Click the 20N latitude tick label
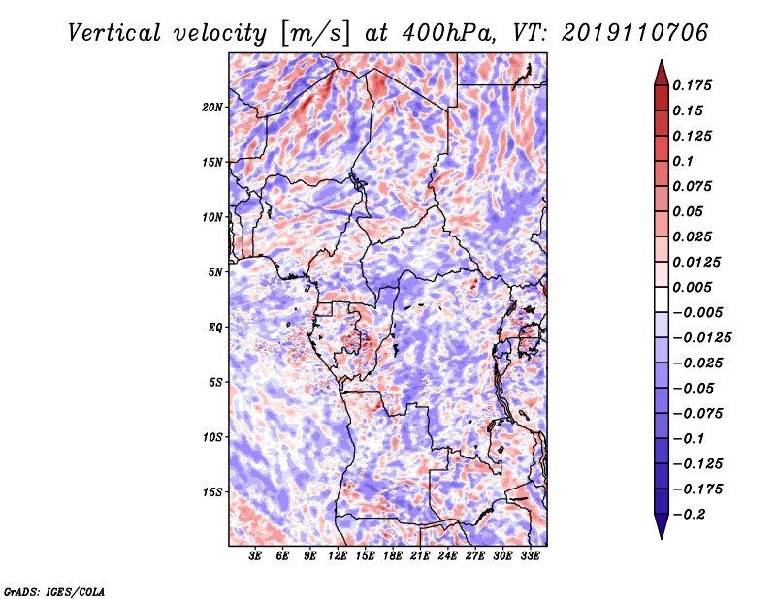click(x=212, y=108)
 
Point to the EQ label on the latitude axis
click(x=215, y=328)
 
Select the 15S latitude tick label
click(x=212, y=492)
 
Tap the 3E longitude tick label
click(x=255, y=556)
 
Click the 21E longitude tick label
click(x=420, y=556)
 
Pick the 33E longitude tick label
click(x=530, y=556)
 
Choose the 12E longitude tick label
click(x=337, y=556)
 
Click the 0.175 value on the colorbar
click(x=692, y=85)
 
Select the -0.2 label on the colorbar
click(x=689, y=515)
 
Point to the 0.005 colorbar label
click(x=692, y=287)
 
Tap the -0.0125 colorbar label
click(x=701, y=338)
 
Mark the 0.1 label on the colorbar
click(x=683, y=161)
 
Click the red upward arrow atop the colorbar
click(x=662, y=73)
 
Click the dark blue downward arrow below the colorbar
click(x=662, y=526)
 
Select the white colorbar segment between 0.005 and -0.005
click(x=662, y=299)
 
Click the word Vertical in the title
click(x=114, y=33)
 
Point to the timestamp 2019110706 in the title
click(x=635, y=33)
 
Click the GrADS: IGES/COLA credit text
click(x=54, y=592)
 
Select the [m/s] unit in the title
click(x=315, y=34)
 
